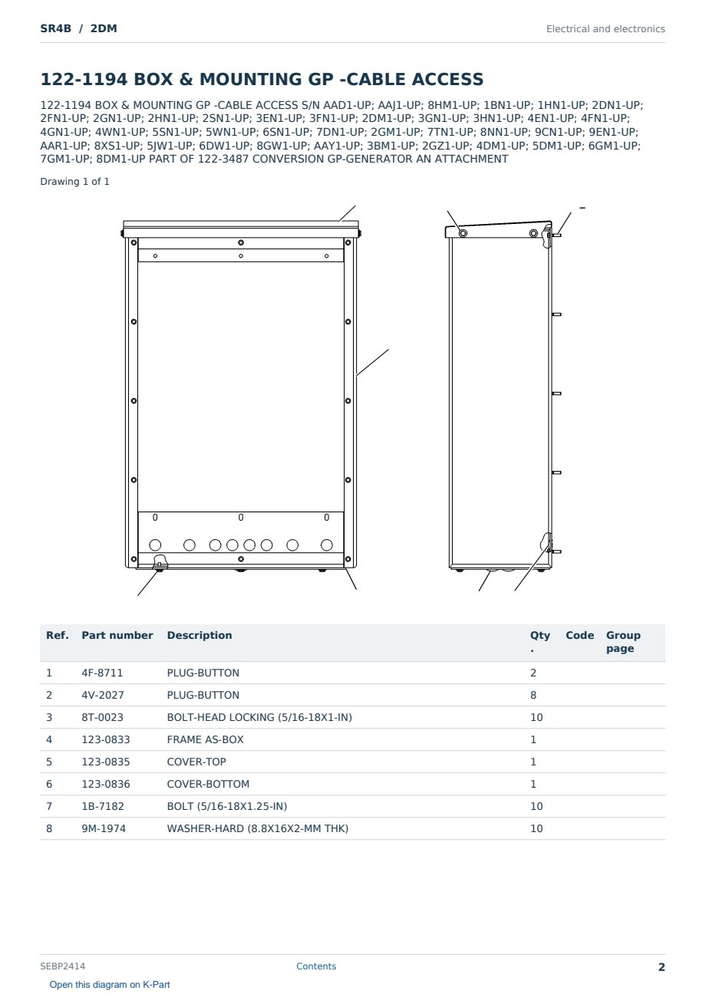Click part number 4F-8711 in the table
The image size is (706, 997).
click(102, 673)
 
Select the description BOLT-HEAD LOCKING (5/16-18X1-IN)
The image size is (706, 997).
click(259, 717)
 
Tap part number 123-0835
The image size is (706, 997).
click(106, 762)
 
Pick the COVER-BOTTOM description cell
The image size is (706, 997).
click(208, 784)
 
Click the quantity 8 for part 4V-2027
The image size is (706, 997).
click(533, 695)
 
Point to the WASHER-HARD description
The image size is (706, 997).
click(257, 828)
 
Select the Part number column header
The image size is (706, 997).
click(117, 635)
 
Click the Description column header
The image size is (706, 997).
click(199, 636)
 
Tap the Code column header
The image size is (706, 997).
click(579, 635)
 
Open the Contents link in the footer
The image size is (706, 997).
click(316, 966)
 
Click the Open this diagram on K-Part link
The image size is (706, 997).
click(110, 985)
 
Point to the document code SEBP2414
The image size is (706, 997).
click(62, 966)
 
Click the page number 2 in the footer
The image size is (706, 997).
click(661, 967)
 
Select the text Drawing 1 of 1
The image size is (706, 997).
click(74, 182)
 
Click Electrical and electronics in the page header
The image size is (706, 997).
click(605, 29)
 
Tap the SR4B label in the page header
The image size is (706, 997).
click(56, 28)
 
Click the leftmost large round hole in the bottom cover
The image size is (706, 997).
click(155, 545)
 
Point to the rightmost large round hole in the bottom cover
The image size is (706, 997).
click(326, 545)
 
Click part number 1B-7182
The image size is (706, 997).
click(103, 806)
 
